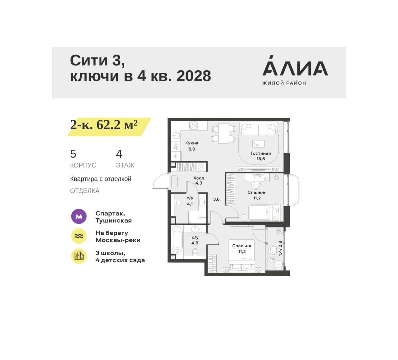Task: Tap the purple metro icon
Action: click(x=79, y=216)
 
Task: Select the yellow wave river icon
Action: click(x=79, y=236)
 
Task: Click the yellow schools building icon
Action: click(x=79, y=256)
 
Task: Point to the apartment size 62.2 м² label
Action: click(x=104, y=125)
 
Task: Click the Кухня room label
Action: click(x=192, y=143)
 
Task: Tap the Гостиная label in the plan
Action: click(x=261, y=153)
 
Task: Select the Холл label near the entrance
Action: click(x=199, y=178)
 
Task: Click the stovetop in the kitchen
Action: click(x=193, y=125)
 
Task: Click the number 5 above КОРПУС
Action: click(x=73, y=154)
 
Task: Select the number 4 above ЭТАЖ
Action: click(x=119, y=154)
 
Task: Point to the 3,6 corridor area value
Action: click(x=216, y=199)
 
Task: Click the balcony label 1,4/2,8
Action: click(x=280, y=248)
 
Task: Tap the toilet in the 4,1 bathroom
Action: click(x=179, y=202)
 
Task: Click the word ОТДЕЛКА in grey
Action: click(x=85, y=191)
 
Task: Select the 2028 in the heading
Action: click(x=194, y=76)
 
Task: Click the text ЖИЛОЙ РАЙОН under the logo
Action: click(x=284, y=83)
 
